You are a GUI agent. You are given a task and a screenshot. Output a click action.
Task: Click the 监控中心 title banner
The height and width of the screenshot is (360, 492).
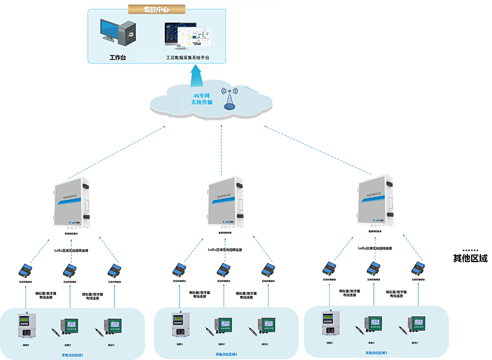tap(156, 10)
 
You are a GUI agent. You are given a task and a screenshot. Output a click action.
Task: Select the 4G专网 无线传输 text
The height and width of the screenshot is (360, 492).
tap(202, 100)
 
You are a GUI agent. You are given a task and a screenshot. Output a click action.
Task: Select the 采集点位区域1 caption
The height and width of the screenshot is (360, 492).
tap(74, 355)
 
